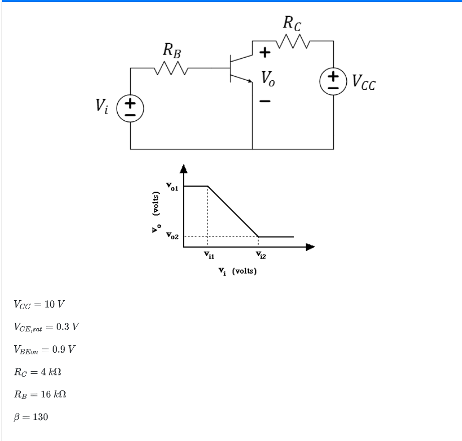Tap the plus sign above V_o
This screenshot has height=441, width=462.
[264, 51]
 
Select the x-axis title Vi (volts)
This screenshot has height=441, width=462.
[237, 272]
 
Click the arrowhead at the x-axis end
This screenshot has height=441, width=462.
[311, 247]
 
